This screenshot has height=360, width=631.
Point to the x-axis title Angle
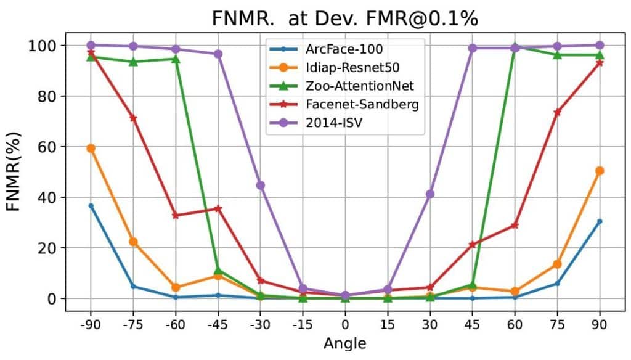[345, 343]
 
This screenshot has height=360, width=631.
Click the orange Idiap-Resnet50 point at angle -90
[91, 148]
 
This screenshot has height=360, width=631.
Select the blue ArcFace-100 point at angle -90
[91, 206]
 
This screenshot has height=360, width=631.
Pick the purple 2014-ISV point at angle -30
[261, 185]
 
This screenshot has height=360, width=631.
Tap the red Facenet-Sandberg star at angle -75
[133, 118]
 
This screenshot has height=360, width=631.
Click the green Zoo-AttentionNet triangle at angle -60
[176, 59]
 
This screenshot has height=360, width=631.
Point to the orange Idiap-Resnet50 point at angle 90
[600, 171]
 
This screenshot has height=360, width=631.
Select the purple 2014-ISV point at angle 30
[430, 194]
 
